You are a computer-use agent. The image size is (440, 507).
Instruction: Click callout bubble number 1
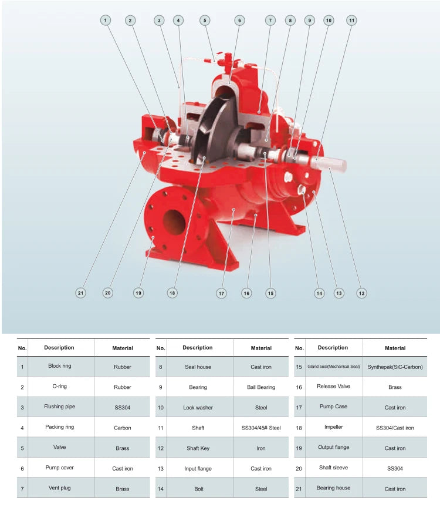pos(105,21)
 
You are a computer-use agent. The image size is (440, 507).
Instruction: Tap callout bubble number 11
pos(351,21)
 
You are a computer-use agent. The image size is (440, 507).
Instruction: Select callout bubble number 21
pos(80,293)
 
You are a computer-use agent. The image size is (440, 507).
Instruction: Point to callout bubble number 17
pos(221,294)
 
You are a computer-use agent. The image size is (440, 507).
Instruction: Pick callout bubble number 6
pos(239,21)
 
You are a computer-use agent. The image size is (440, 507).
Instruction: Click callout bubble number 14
pos(319,294)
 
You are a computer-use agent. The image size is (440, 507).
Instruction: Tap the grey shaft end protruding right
pos(328,163)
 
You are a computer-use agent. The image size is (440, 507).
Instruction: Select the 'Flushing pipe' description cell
pos(60,407)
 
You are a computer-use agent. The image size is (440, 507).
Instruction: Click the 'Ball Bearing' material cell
pos(261,387)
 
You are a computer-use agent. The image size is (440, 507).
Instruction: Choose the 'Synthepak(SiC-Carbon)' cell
pos(395,367)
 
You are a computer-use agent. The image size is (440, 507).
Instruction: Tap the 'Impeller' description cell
pos(333,427)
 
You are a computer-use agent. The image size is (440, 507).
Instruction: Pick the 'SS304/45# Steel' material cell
pos(261,428)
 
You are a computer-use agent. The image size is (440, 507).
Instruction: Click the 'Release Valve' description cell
pos(333,386)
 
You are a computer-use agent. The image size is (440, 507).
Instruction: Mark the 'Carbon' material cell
pos(123,428)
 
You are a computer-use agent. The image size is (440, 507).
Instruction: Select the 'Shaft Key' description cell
pos(198,448)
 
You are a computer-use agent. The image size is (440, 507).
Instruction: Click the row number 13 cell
pos(161,469)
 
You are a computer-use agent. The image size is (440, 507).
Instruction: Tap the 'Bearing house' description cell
pos(333,488)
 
